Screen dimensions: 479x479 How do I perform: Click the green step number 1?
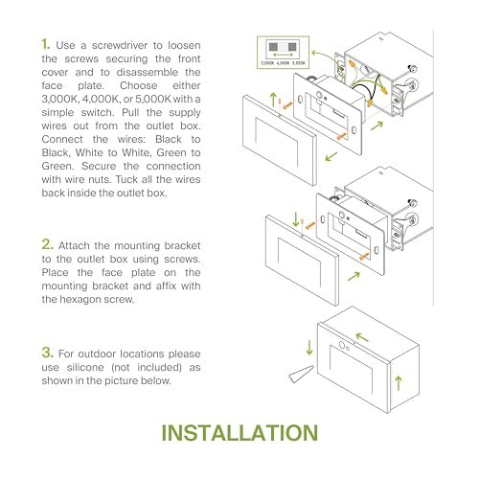45,44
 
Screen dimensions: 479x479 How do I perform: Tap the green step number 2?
47,244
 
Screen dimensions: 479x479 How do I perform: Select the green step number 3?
47,353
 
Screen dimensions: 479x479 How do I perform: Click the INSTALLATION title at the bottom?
239,433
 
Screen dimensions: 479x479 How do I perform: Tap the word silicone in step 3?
85,367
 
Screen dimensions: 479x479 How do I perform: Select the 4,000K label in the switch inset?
283,63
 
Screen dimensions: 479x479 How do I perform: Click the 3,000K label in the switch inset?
267,63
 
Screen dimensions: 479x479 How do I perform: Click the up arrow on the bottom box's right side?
399,383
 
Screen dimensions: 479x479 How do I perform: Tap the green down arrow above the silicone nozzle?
309,348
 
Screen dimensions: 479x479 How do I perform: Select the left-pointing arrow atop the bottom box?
362,337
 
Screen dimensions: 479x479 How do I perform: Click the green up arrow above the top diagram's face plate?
273,100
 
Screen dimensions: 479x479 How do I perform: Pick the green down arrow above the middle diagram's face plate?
296,219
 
